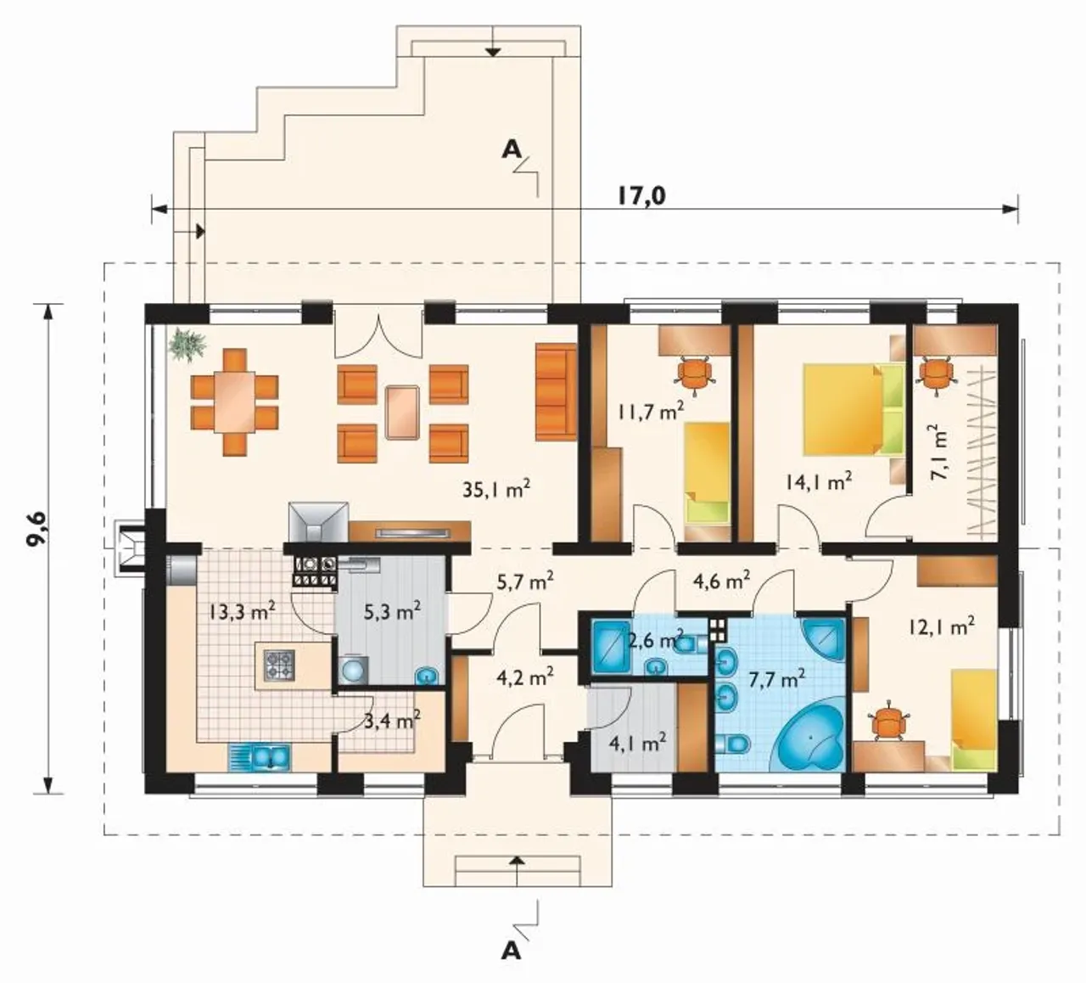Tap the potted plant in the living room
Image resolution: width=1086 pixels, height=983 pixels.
click(x=188, y=343)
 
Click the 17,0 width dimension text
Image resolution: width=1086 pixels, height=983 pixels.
click(x=641, y=197)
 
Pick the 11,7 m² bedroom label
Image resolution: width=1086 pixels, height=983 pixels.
click(x=650, y=412)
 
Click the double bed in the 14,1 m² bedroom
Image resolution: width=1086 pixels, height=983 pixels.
click(x=854, y=408)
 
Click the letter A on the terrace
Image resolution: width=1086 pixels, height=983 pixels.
click(x=511, y=149)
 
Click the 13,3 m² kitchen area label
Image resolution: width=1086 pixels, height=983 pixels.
click(x=243, y=612)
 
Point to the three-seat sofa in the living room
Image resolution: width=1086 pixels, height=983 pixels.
click(x=556, y=392)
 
